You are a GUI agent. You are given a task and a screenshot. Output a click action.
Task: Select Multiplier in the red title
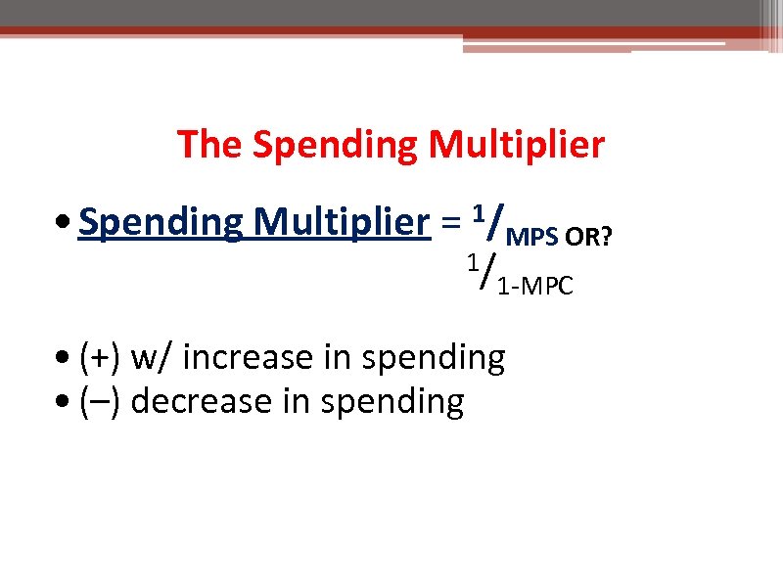click(x=517, y=146)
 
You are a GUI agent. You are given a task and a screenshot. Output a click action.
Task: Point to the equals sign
click(x=450, y=225)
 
